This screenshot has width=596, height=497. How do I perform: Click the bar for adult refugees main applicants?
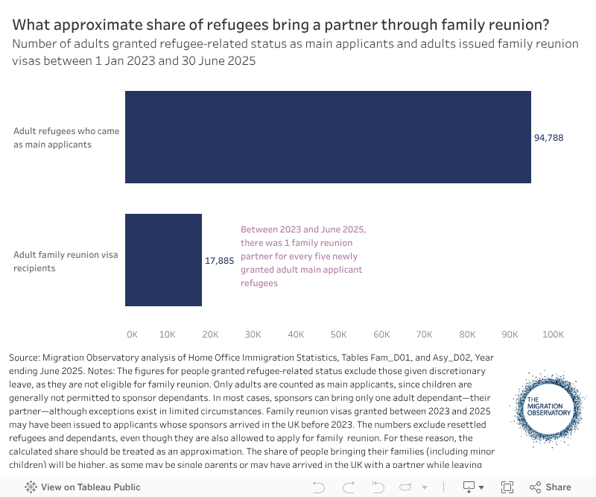click(x=328, y=137)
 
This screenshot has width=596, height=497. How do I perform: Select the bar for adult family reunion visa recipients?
click(x=163, y=260)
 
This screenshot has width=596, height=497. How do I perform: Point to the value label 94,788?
click(x=548, y=138)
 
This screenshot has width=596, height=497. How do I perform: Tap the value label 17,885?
click(x=219, y=261)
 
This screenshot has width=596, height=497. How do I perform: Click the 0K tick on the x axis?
click(x=132, y=335)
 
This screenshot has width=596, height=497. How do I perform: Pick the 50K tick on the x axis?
click(x=339, y=335)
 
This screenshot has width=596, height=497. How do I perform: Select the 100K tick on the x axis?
click(x=552, y=335)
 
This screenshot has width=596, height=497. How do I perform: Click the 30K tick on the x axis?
click(x=253, y=335)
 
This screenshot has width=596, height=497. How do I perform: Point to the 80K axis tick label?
click(x=467, y=335)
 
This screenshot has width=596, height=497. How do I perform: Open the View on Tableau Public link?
click(x=83, y=487)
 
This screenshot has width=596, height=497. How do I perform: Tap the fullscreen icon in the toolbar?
click(x=507, y=487)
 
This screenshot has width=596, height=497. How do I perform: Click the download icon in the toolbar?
click(x=469, y=487)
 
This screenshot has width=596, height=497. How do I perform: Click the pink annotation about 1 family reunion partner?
click(x=303, y=256)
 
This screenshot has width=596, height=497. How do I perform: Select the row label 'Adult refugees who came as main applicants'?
click(x=66, y=138)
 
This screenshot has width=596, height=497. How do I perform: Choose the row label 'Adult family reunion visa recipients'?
click(x=66, y=262)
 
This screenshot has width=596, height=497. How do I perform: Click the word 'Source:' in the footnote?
click(x=25, y=358)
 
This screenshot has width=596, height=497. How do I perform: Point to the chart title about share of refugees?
click(x=281, y=25)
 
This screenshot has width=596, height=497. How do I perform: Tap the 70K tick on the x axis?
click(x=425, y=335)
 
